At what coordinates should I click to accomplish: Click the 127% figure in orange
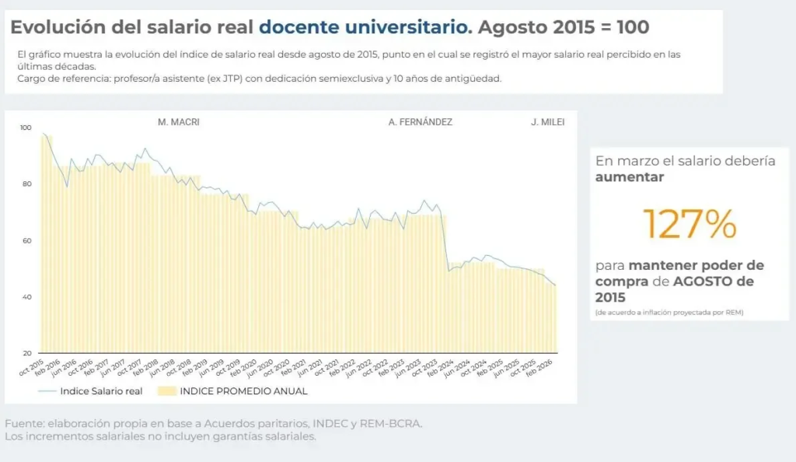pyautogui.click(x=690, y=225)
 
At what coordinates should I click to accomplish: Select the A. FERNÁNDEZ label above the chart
pyautogui.click(x=420, y=122)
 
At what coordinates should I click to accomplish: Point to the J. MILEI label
pyautogui.click(x=547, y=122)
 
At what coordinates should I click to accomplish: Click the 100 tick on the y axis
pyautogui.click(x=26, y=128)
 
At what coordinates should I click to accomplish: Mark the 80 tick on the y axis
pyautogui.click(x=27, y=184)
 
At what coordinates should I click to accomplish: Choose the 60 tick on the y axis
pyautogui.click(x=27, y=241)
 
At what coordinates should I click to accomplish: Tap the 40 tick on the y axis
pyautogui.click(x=27, y=297)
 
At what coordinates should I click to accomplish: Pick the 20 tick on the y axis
pyautogui.click(x=27, y=353)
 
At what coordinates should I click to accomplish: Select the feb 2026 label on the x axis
pyautogui.click(x=541, y=368)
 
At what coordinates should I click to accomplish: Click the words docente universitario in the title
pyautogui.click(x=365, y=27)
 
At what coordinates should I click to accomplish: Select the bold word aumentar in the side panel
pyautogui.click(x=630, y=177)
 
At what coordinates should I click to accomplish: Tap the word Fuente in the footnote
pyautogui.click(x=24, y=423)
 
